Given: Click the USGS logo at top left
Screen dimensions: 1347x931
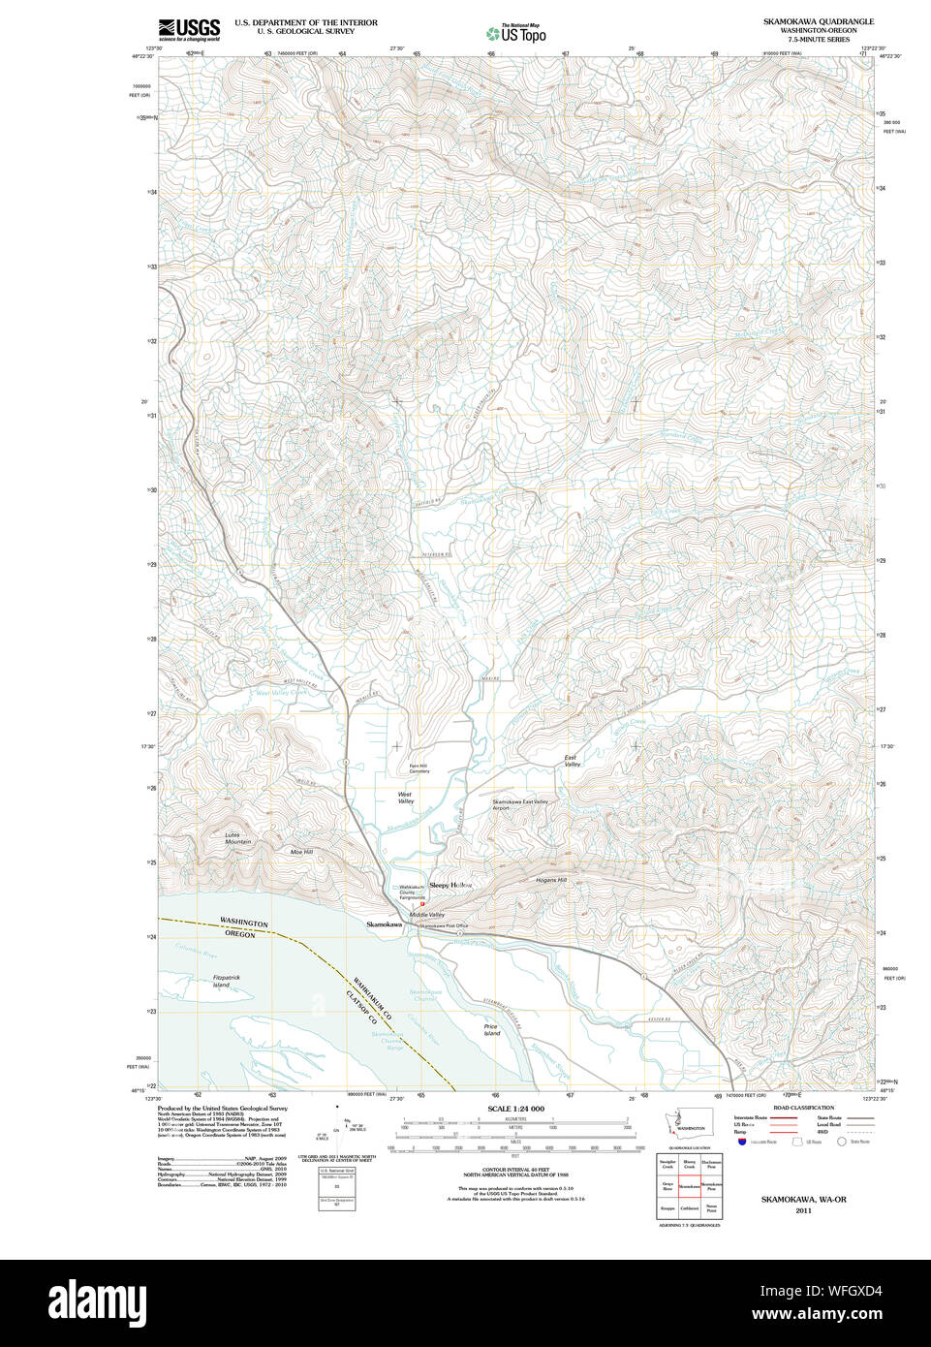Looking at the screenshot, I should [x=189, y=29].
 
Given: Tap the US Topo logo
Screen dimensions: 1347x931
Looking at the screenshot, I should [x=516, y=34].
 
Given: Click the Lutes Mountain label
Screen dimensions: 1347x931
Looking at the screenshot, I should [x=237, y=838].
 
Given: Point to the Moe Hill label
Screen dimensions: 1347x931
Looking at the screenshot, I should [x=301, y=852].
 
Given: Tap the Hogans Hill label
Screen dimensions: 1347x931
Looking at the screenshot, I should [x=550, y=880].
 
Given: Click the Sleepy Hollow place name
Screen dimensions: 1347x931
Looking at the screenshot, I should [x=450, y=885].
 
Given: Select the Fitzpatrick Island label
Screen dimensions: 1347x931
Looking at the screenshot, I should [x=226, y=981].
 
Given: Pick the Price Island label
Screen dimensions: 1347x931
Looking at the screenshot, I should [x=491, y=1030].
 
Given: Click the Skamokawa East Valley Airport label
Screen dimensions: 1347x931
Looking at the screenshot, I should [x=519, y=804].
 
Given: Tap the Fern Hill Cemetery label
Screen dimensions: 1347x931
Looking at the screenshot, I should [x=419, y=768].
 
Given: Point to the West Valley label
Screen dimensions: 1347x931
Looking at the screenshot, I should [x=405, y=798].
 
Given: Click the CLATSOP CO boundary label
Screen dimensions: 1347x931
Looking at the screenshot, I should [x=358, y=1010].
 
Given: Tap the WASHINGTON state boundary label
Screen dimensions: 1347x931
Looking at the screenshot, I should [x=243, y=923].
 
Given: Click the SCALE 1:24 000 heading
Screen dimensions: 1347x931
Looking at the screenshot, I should [x=515, y=1109].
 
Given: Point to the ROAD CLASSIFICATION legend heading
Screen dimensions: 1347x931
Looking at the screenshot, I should [x=803, y=1108].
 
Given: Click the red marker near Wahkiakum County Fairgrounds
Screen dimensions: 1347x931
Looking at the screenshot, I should [x=422, y=904].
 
